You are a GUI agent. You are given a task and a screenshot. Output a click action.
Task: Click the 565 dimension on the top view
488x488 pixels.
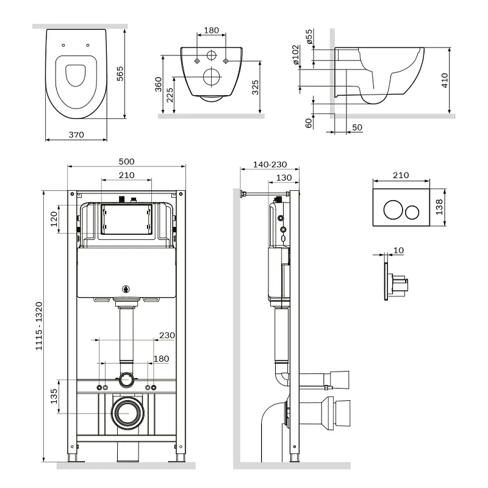pyautogui.click(x=120, y=74)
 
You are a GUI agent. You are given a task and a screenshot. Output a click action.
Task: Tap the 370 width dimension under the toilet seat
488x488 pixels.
pyautogui.click(x=76, y=135)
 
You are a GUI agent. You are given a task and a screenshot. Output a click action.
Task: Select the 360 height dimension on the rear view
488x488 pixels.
pyautogui.click(x=159, y=84)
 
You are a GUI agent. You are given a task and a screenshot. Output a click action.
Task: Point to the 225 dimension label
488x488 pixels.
pyautogui.click(x=170, y=95)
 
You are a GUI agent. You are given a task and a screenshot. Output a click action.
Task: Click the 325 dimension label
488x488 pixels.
pyautogui.click(x=255, y=87)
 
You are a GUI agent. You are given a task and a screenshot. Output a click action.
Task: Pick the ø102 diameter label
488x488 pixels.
pyautogui.click(x=296, y=55)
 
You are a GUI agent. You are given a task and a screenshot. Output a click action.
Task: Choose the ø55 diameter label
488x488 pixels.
pyautogui.click(x=309, y=37)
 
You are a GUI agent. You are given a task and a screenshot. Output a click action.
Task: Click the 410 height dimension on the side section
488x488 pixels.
pyautogui.click(x=445, y=81)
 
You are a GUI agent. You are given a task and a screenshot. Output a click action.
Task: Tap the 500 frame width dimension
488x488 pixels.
pyautogui.click(x=127, y=162)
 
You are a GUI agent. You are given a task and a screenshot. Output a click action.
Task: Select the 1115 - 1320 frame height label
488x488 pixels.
pyautogui.click(x=39, y=326)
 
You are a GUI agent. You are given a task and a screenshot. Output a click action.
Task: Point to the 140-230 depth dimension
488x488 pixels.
pyautogui.click(x=270, y=164)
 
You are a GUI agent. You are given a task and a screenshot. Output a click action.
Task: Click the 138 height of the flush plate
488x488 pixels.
pyautogui.click(x=439, y=207)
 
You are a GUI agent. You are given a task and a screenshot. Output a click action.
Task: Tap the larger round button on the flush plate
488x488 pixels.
pyautogui.click(x=393, y=210)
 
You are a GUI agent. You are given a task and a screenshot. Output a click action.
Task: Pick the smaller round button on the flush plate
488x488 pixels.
pyautogui.click(x=412, y=212)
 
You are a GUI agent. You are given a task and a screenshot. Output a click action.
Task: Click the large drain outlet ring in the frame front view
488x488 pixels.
pyautogui.click(x=128, y=412)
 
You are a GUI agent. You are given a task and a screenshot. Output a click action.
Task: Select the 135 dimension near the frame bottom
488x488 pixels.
pyautogui.click(x=54, y=396)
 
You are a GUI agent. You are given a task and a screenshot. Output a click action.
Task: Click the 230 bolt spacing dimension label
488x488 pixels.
pyautogui.click(x=167, y=335)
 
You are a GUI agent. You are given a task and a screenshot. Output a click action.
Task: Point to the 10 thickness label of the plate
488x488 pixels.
pyautogui.click(x=399, y=250)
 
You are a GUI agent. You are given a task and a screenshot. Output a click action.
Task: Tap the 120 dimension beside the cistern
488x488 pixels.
pyautogui.click(x=54, y=219)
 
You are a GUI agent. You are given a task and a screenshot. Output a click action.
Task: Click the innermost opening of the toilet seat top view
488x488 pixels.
pyautogui.click(x=76, y=76)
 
